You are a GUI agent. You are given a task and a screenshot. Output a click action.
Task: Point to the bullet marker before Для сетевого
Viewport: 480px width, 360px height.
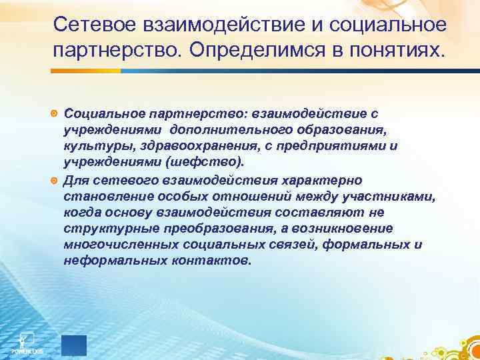click(x=55, y=181)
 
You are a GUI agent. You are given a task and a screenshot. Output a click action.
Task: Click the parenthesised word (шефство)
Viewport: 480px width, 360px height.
click(x=209, y=161)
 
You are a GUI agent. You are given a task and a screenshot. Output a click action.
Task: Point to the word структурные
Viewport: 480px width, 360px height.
click(x=101, y=229)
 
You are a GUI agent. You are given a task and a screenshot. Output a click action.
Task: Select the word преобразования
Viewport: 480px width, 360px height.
click(x=197, y=229)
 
